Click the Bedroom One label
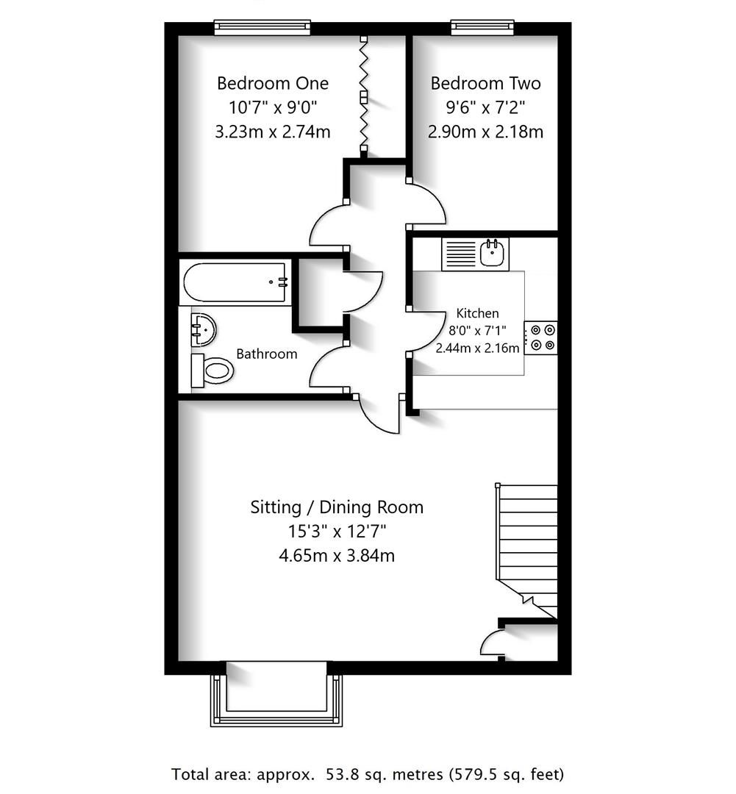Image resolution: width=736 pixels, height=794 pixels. tap(272, 83)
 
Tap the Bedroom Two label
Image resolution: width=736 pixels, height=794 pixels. tap(485, 83)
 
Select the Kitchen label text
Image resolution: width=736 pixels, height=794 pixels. tap(477, 313)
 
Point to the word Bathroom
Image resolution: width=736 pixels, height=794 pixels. tap(266, 354)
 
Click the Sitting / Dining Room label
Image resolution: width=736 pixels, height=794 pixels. tap(337, 507)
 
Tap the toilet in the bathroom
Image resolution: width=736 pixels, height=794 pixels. tap(212, 370)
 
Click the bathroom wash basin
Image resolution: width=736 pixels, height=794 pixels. tap(202, 329)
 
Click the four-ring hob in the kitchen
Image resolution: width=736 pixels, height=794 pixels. tap(540, 337)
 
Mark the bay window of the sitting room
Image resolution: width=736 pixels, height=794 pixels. tap(276, 694)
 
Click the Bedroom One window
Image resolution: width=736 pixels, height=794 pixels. tap(262, 28)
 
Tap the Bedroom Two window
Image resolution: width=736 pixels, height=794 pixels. tap(482, 28)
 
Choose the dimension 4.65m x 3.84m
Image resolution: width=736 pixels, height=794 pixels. tap(337, 556)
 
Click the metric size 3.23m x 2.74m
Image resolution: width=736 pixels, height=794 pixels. tap(272, 132)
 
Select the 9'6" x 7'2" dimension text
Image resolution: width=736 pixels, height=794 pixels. tap(485, 107)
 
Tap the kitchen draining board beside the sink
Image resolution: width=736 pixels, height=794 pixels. tap(460, 254)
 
